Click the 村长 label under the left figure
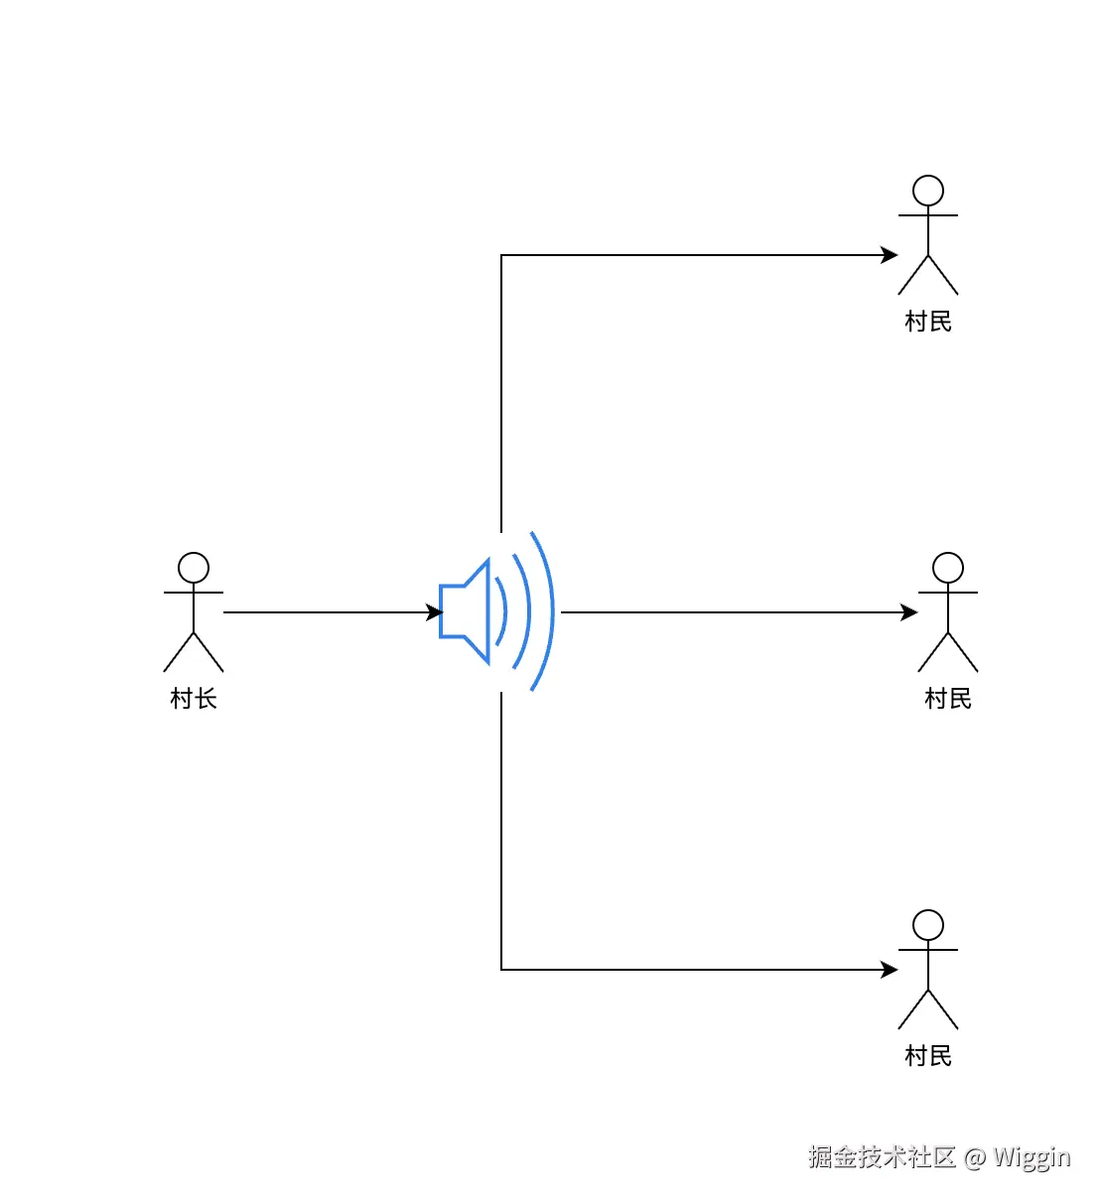(194, 699)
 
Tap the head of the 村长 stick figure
(194, 568)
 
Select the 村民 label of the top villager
(928, 322)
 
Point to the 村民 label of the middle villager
(948, 699)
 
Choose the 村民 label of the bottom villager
(928, 1056)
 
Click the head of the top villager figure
(928, 191)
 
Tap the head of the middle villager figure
(948, 568)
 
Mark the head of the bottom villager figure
(928, 925)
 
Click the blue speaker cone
(467, 611)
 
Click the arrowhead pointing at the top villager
(890, 255)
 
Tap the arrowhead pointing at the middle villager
(909, 612)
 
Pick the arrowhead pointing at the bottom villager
(890, 970)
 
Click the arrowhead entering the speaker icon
(435, 612)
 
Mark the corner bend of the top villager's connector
(501, 255)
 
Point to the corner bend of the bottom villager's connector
(501, 970)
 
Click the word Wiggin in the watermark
(1033, 1157)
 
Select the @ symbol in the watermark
(975, 1157)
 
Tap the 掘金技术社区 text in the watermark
(882, 1157)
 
